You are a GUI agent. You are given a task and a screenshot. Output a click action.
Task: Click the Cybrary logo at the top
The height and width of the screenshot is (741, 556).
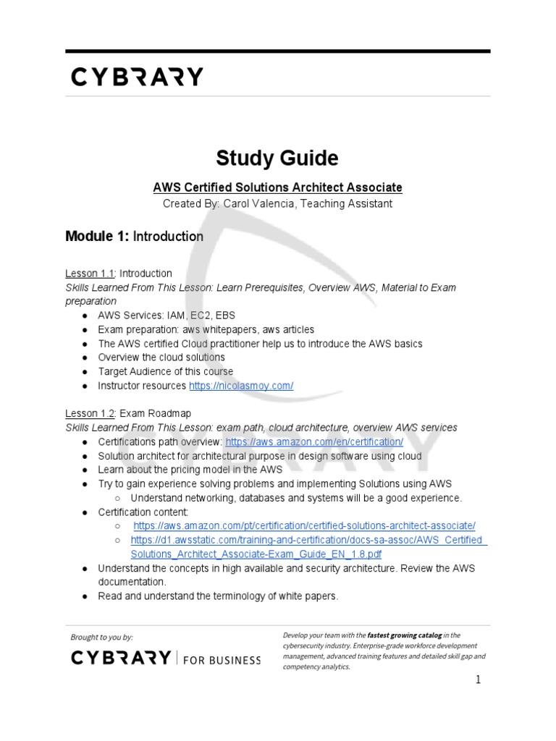(137, 77)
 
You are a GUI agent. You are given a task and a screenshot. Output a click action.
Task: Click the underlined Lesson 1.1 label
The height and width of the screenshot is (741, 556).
(90, 274)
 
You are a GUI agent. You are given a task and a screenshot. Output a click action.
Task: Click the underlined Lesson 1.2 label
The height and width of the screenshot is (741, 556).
(90, 413)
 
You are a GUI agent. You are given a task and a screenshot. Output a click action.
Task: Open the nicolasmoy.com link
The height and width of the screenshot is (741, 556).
(241, 386)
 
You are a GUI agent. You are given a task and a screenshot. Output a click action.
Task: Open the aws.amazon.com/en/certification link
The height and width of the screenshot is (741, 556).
(314, 441)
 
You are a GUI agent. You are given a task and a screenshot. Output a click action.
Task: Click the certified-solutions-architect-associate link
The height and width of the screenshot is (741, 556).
(304, 525)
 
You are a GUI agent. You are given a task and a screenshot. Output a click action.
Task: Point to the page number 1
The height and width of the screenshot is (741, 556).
(478, 679)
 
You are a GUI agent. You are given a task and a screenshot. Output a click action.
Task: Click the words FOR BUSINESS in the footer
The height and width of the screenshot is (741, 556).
(222, 659)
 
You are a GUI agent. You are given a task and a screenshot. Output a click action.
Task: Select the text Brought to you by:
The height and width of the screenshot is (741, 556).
(102, 637)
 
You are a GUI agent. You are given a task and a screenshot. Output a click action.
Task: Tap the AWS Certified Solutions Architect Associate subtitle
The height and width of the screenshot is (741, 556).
(277, 187)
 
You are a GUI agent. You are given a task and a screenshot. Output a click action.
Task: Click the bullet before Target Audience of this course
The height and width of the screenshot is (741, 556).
(85, 372)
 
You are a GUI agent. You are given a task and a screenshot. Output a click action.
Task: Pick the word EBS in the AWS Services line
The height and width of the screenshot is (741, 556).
(224, 316)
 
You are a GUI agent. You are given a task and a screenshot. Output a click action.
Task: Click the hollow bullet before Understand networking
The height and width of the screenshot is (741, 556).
(118, 498)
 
